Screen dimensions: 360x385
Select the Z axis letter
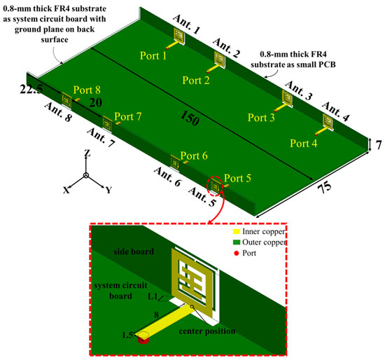pos(85,152)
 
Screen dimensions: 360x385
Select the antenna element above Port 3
pos(288,98)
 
